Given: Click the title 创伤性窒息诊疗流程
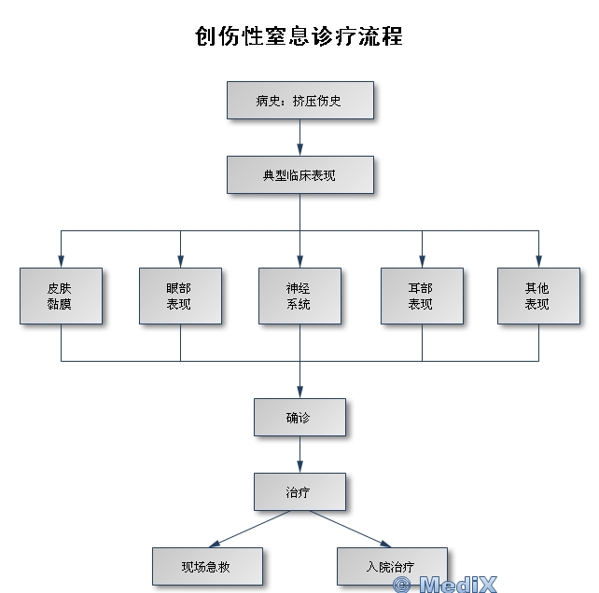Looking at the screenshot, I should (x=299, y=35).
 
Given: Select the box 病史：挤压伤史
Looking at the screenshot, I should (x=299, y=100).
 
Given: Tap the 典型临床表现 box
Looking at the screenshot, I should (x=299, y=174).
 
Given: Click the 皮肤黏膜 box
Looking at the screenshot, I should (x=61, y=296).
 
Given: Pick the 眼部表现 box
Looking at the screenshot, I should (x=180, y=296).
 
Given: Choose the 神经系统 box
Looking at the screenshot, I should (x=299, y=296).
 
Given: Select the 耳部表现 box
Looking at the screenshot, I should (x=422, y=296).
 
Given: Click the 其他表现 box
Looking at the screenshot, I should (x=537, y=296).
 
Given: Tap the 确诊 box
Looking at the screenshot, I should (x=299, y=417).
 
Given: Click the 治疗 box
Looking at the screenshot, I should (x=299, y=491).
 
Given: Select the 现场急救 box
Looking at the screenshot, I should (x=207, y=566).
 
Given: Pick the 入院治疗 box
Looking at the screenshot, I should (x=392, y=566).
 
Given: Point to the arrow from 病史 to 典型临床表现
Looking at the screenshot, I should (x=299, y=137).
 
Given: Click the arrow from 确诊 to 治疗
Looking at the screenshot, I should (x=299, y=454).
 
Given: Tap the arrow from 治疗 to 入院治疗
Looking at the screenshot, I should (x=350, y=529).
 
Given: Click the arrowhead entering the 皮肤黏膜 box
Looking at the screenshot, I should (x=61, y=261).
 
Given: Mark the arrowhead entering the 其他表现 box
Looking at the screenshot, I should (x=538, y=261).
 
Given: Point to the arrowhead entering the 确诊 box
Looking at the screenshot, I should (x=299, y=392).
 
